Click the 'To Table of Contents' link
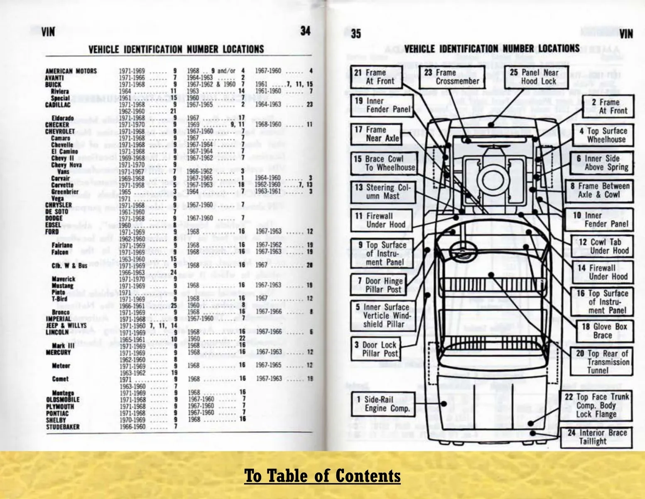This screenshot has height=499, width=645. pyautogui.click(x=322, y=476)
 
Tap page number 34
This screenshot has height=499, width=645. pyautogui.click(x=305, y=31)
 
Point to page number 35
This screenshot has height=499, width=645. pyautogui.click(x=356, y=33)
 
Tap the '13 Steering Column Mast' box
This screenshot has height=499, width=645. pyautogui.click(x=382, y=192)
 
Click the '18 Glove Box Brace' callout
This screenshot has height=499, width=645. pyautogui.click(x=604, y=331)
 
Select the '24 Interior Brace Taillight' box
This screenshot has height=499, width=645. pyautogui.click(x=596, y=437)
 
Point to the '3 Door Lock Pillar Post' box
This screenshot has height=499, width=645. pyautogui.click(x=376, y=349)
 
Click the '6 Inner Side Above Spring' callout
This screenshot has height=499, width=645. pyautogui.click(x=601, y=163)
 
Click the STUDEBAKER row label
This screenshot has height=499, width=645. pyautogui.click(x=62, y=427)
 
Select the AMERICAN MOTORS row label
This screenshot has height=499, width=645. pyautogui.click(x=71, y=71)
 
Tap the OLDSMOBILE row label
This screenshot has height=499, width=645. pyautogui.click(x=63, y=400)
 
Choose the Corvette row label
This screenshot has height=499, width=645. pyautogui.click(x=62, y=185)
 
